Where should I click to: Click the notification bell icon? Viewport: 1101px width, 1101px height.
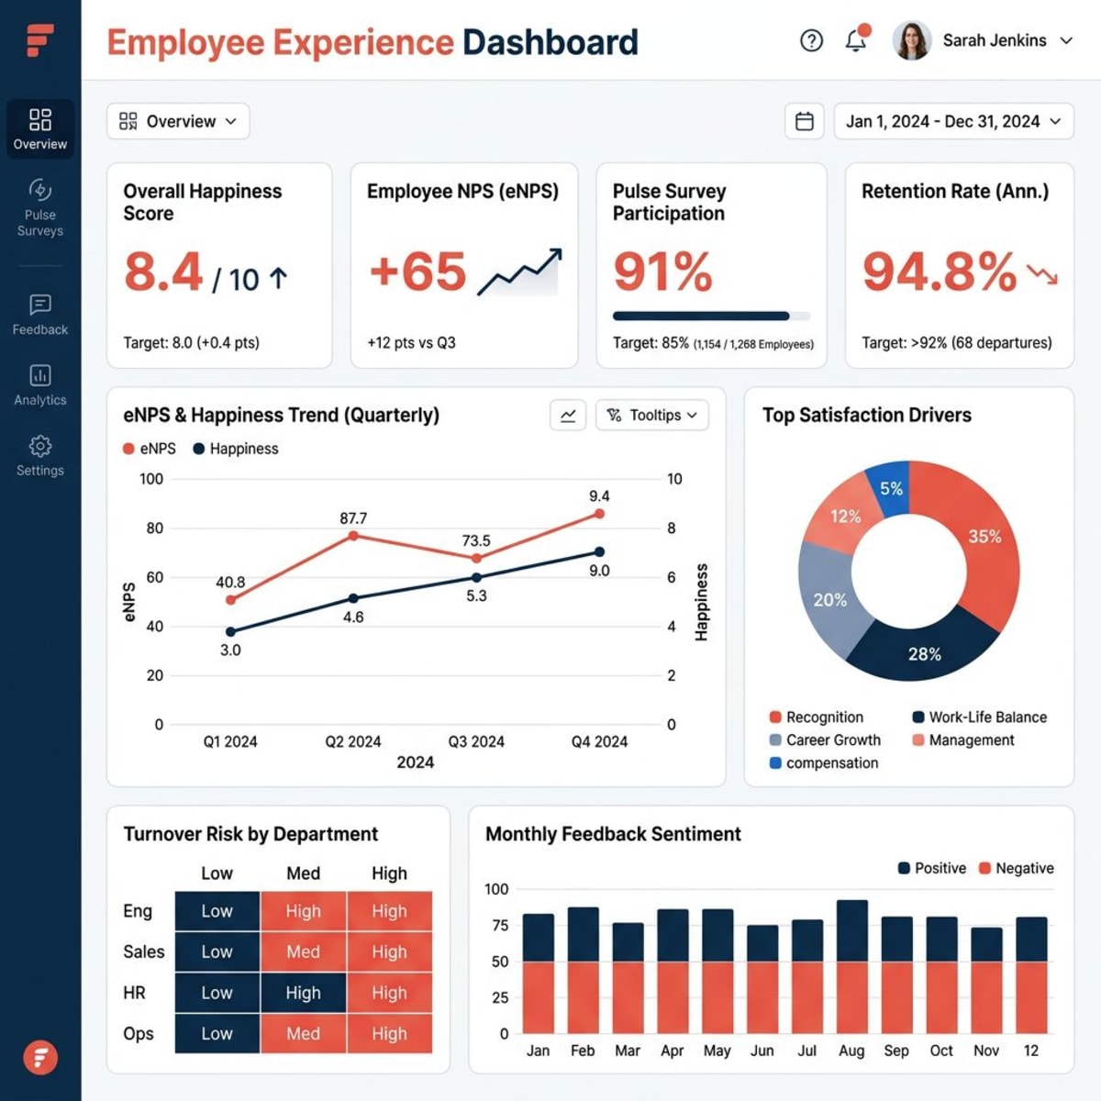[x=855, y=40]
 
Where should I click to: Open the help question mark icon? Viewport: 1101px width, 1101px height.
[x=811, y=40]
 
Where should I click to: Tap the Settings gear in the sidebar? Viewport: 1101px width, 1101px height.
[x=39, y=456]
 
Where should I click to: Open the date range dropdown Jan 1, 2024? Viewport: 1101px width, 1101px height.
[x=952, y=121]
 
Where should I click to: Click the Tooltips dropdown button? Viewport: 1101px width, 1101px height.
[x=652, y=415]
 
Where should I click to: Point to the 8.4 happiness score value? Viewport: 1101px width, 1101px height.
[x=163, y=272]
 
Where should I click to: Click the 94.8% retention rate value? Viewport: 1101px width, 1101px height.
[x=939, y=272]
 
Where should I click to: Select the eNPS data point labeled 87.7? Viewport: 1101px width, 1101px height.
[x=353, y=535]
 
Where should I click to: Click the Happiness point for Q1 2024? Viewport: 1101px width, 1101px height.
[x=230, y=631]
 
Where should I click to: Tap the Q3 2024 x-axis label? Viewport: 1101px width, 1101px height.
[x=475, y=741]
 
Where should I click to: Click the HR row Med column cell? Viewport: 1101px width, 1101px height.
[x=303, y=993]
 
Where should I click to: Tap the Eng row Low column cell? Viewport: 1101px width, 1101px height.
[x=217, y=911]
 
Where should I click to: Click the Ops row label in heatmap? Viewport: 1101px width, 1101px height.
[x=139, y=1034]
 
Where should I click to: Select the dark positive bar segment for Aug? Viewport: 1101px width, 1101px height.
[x=851, y=930]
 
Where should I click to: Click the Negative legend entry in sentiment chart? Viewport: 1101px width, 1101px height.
[x=1016, y=868]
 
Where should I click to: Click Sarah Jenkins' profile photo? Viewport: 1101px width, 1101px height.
[x=911, y=40]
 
